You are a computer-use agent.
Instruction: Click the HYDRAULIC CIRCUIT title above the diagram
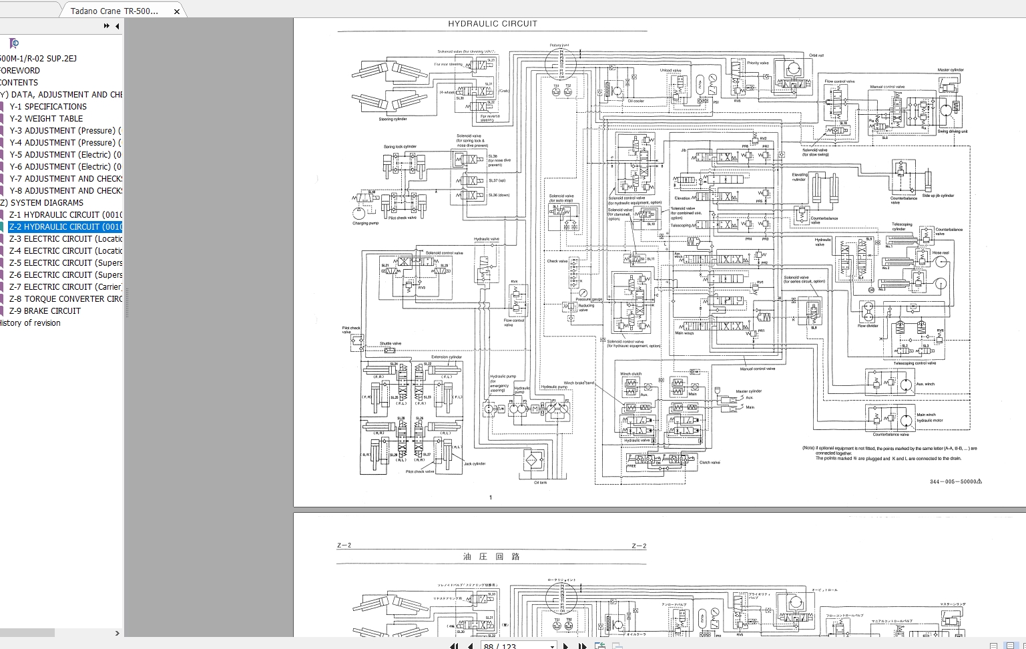point(493,24)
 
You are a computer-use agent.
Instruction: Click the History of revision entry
point(29,323)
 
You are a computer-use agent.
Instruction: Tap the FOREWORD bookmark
point(20,71)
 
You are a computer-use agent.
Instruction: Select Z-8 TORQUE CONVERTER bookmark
point(65,299)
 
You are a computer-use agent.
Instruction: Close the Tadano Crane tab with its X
point(176,11)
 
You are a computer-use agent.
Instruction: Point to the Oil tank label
point(541,483)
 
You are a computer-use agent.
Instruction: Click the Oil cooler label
point(636,101)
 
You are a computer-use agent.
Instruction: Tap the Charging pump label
point(365,223)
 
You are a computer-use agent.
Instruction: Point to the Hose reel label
point(940,253)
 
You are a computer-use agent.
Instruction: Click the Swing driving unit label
point(952,132)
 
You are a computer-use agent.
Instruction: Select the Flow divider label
point(868,326)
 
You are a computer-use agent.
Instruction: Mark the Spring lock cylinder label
point(400,147)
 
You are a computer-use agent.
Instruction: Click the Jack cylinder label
point(475,463)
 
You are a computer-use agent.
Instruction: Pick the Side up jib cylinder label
point(938,196)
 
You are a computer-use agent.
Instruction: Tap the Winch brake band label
point(579,383)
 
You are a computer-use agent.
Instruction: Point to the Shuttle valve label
point(391,343)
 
